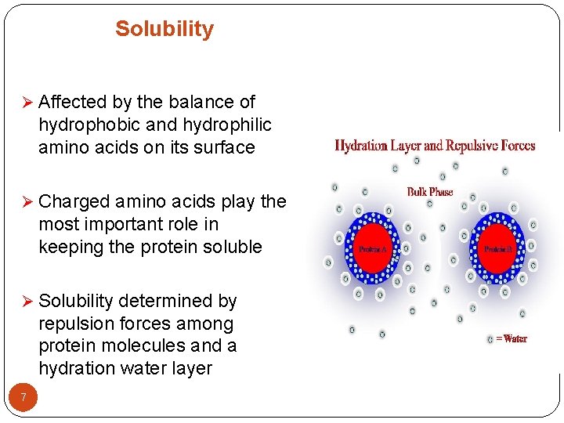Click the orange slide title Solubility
(x=164, y=29)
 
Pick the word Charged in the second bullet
(x=74, y=202)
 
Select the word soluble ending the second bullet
(x=230, y=247)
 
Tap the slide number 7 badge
(x=23, y=398)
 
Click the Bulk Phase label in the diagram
(x=429, y=192)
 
